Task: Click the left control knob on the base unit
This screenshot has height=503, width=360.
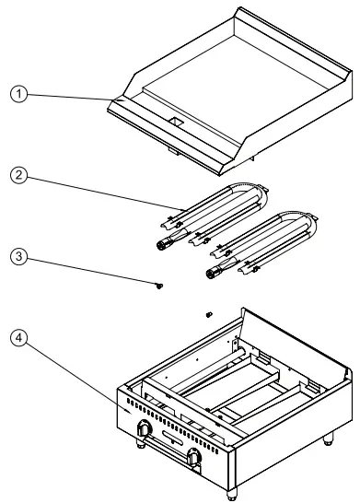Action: pos(145,428)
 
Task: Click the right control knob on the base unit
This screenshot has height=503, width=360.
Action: pos(195,458)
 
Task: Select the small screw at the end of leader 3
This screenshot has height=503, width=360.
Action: pos(160,287)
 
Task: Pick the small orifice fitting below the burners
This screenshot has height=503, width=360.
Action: pos(208,314)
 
